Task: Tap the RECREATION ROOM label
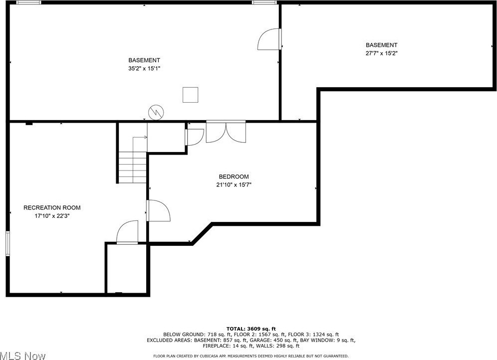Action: click(52, 207)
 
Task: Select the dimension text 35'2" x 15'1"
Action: click(144, 68)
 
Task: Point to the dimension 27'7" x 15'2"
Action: click(381, 53)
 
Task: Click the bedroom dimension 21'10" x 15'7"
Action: click(234, 185)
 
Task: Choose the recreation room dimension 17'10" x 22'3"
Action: click(52, 216)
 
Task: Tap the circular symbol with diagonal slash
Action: click(156, 112)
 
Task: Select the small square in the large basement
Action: click(190, 94)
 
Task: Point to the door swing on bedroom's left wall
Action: click(158, 210)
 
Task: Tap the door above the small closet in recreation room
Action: click(127, 232)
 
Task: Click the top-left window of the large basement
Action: click(29, 2)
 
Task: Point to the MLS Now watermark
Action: click(22, 356)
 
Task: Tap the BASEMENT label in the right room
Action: click(381, 45)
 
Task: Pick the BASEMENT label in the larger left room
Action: click(144, 60)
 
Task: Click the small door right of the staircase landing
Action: click(194, 136)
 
